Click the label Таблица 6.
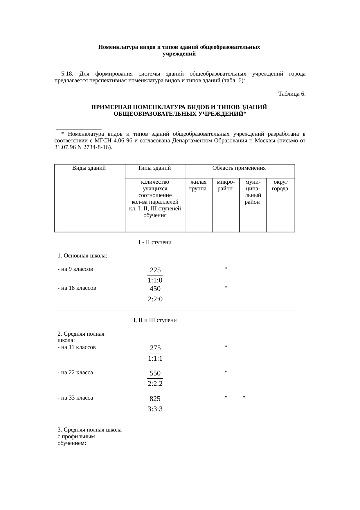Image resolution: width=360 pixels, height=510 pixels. point(291,94)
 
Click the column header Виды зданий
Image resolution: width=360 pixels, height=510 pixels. point(89,168)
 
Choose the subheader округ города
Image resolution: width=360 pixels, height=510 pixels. point(280,185)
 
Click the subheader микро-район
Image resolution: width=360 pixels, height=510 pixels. point(225,185)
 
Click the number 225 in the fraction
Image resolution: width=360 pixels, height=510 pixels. point(155,270)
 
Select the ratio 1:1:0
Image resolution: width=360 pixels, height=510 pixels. point(155,280)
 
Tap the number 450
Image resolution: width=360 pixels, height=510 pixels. point(155,289)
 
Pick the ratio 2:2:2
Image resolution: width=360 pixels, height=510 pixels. point(155,384)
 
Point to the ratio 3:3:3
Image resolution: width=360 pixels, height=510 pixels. point(155,409)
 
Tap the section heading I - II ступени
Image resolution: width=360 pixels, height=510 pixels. point(155,242)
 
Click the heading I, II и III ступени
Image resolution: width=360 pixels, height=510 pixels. point(155,320)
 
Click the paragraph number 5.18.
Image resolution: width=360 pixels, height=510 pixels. point(66,74)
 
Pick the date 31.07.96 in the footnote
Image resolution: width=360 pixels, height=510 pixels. point(64,147)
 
